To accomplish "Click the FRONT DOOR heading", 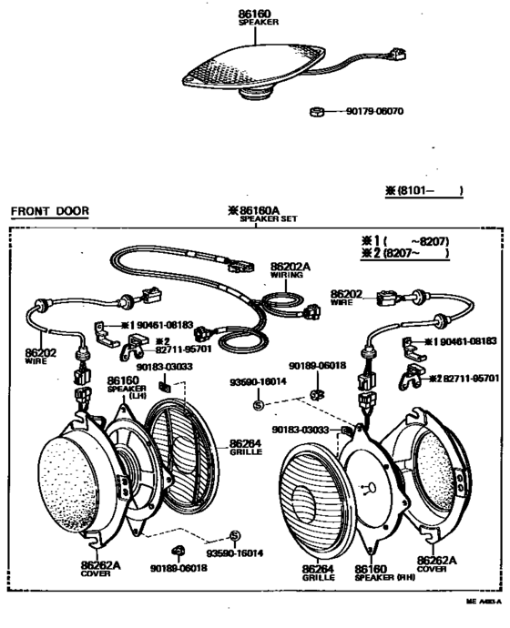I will coord(49,211).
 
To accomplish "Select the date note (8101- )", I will coord(424,190).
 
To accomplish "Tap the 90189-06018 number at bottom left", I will coord(199,568).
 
